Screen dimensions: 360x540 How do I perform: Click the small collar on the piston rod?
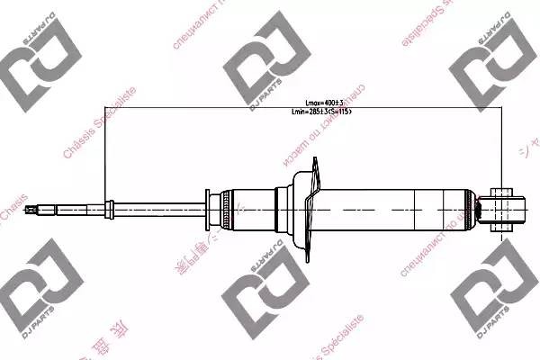109,210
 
